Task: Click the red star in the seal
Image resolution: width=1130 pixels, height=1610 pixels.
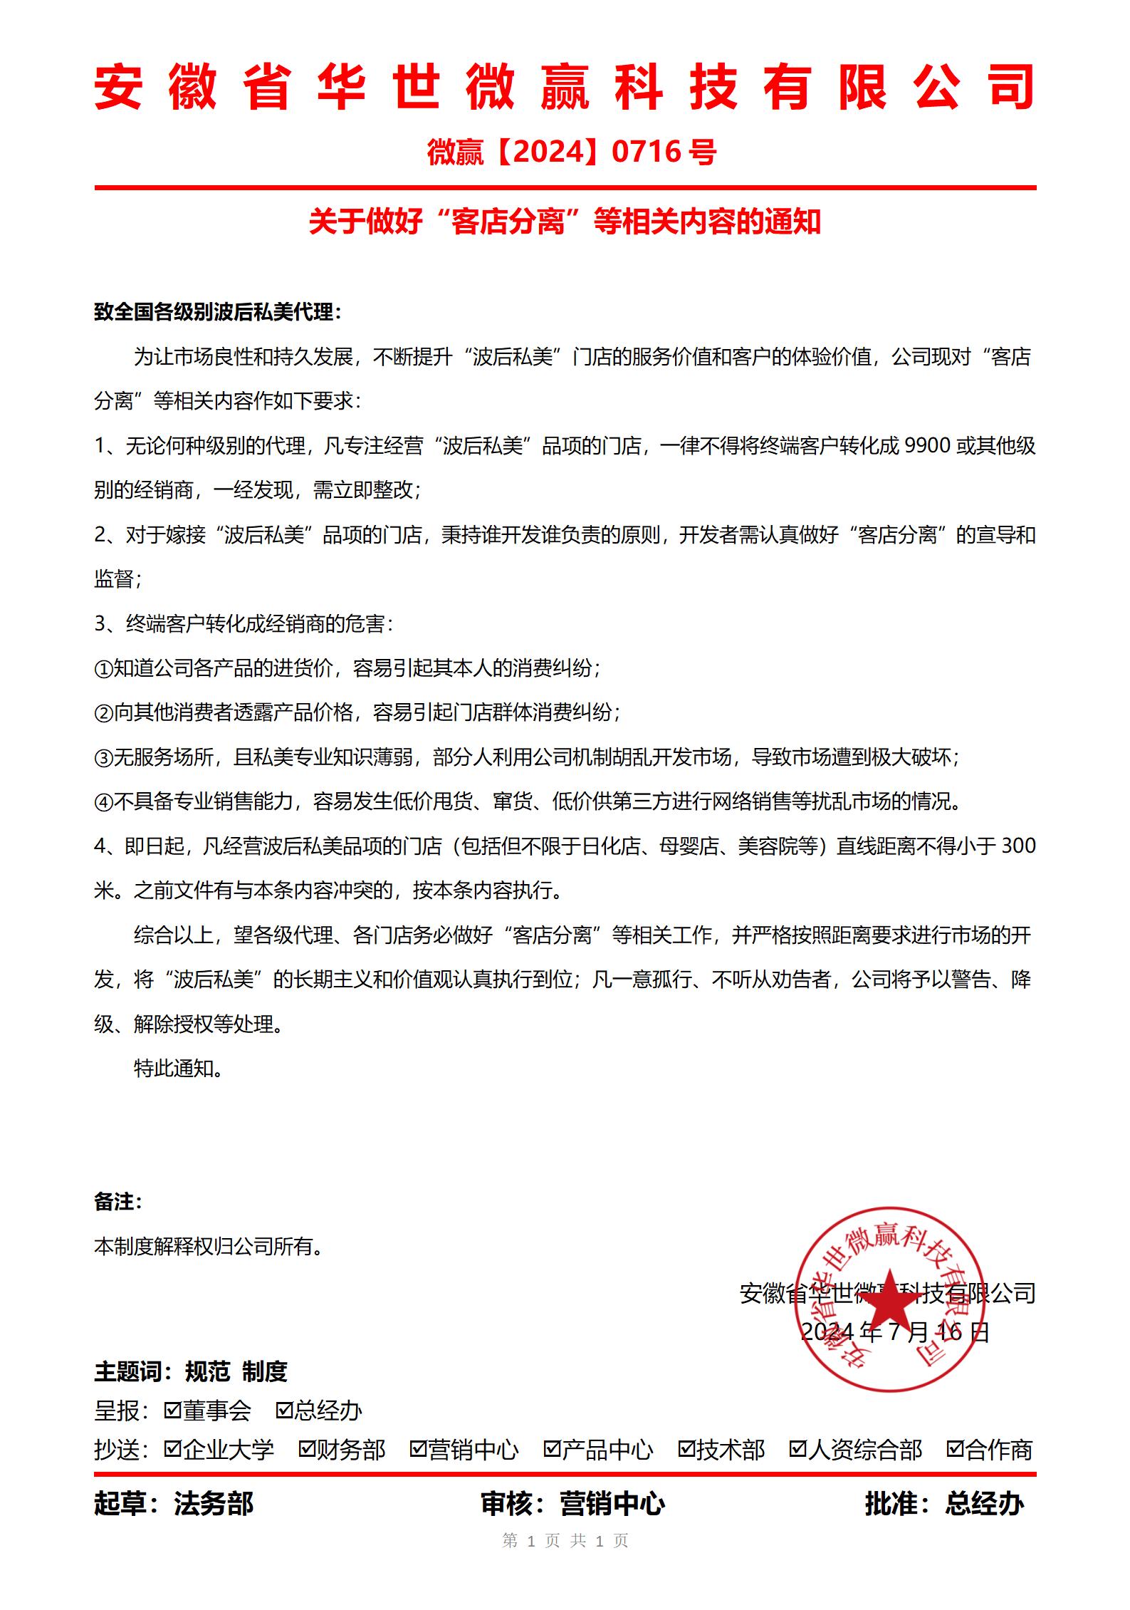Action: [x=890, y=1300]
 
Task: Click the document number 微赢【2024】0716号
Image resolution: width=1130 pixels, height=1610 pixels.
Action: [x=572, y=152]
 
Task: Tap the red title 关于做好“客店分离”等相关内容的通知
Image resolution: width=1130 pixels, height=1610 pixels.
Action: [x=565, y=222]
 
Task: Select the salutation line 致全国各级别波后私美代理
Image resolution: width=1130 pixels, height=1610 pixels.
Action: [x=217, y=312]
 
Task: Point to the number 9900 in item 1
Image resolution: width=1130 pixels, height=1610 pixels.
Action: [x=926, y=446]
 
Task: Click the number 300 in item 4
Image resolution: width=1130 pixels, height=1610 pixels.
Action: [x=1018, y=846]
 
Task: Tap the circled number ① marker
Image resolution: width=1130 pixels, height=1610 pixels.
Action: [x=103, y=669]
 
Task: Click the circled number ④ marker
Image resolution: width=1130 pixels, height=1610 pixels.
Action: [x=103, y=802]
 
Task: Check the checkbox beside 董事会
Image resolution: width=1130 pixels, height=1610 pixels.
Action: [x=172, y=1410]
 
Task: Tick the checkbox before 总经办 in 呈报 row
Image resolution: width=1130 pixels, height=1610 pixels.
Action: [x=284, y=1410]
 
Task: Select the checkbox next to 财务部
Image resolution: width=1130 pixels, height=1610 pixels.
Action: [x=307, y=1448]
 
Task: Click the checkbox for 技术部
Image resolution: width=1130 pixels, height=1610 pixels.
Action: [x=686, y=1448]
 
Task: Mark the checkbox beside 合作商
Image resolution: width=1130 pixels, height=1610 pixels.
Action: [x=955, y=1448]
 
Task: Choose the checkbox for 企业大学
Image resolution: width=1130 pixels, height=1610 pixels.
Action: [x=172, y=1448]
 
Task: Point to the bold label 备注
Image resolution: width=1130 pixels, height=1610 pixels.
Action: [x=117, y=1203]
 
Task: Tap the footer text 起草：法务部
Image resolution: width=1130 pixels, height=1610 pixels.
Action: [x=174, y=1504]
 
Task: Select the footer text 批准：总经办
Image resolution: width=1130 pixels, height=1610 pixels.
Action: [x=944, y=1504]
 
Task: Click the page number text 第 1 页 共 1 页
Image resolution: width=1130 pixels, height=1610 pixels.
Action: [x=565, y=1540]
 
